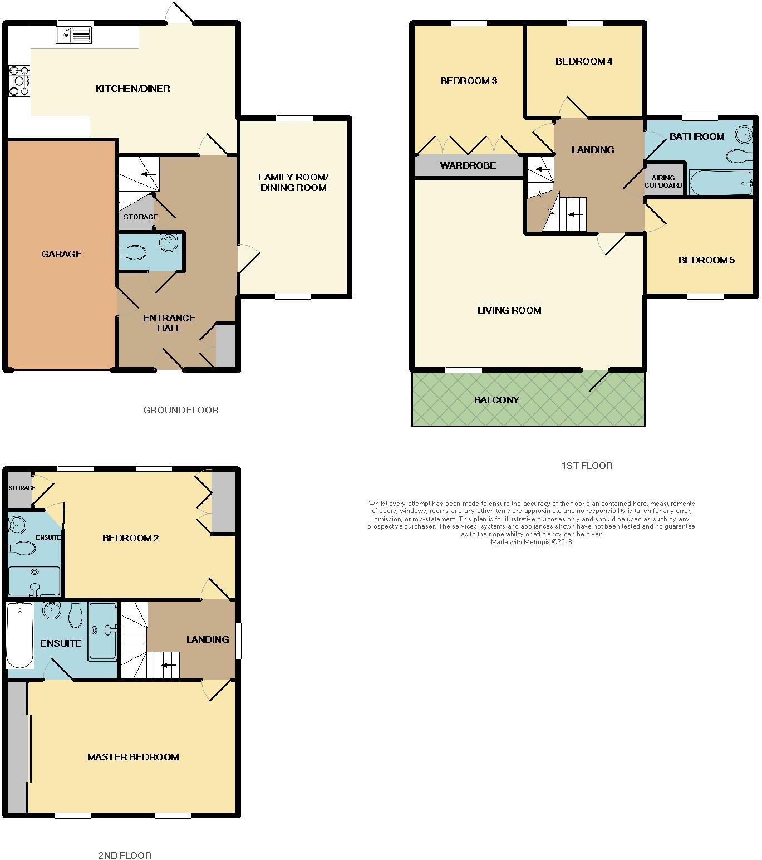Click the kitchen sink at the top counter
pos(73,35)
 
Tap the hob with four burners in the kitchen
pos(18,81)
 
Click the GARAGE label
pos(61,254)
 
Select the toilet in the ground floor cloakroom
pos(132,253)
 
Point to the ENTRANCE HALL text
pos(169,323)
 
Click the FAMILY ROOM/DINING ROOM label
pos(293,183)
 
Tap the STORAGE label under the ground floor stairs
pos(141,217)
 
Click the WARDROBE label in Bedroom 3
pos(468,165)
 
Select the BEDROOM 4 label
pos(584,61)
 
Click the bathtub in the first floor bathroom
pos(721,183)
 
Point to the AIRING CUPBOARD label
pos(663,182)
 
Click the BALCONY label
pos(496,400)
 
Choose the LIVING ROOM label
pos(509,310)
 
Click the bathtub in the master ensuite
pos(20,636)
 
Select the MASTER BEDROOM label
pos(133,757)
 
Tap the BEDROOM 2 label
pos(131,538)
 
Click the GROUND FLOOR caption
pos(181,410)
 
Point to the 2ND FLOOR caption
pos(124,855)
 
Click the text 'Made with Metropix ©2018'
pos(531,541)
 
